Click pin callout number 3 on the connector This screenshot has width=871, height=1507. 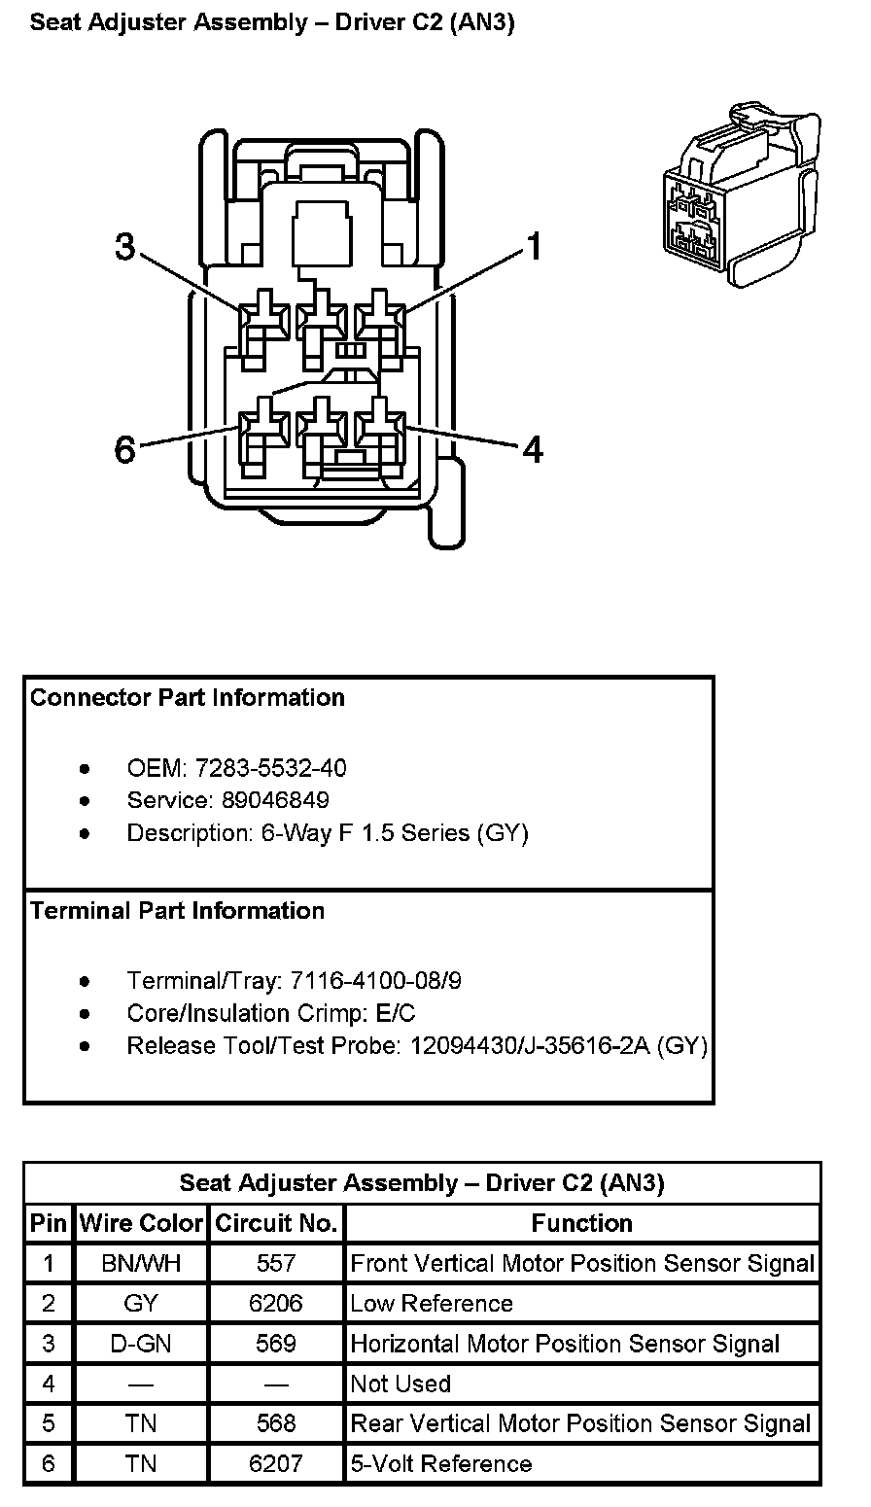124,246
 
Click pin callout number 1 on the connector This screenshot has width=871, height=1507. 533,246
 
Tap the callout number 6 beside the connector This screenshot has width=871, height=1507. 124,450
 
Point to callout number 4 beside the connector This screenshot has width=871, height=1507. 533,449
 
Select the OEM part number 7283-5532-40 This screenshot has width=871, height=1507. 270,768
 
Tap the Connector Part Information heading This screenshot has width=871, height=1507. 188,697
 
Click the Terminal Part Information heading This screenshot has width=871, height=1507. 177,911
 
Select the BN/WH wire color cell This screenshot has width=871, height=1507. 141,1263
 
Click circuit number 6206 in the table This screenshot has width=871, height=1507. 276,1303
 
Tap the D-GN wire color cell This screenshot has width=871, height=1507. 141,1344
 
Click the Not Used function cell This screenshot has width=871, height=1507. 401,1384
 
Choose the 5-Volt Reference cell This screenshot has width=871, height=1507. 441,1463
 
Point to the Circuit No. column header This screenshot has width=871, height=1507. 276,1222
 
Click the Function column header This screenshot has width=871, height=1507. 581,1222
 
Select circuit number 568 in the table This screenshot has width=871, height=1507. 276,1423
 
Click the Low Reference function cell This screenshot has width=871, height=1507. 431,1303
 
